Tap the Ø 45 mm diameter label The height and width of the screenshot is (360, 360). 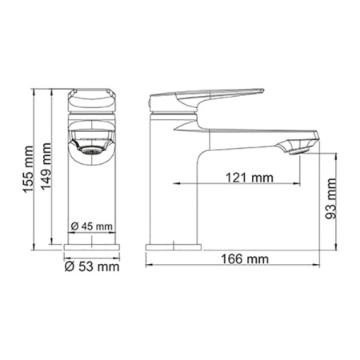click(x=92, y=226)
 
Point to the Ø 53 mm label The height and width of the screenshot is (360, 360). click(x=91, y=266)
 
